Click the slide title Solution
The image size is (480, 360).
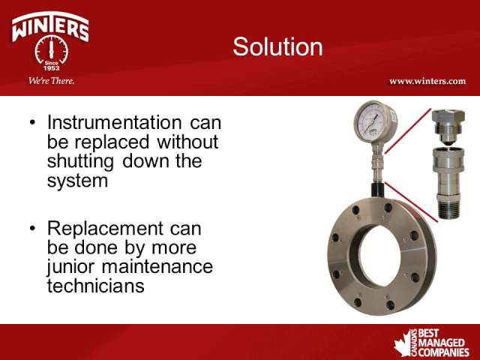coord(277,46)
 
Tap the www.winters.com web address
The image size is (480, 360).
coord(427,82)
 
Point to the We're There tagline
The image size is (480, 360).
coord(52,81)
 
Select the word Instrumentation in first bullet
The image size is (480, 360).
coord(115,122)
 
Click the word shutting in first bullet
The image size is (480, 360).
coord(80,162)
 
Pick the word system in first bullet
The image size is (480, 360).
coord(77,181)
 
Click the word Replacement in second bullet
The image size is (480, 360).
coord(105,229)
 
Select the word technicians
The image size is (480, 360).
coord(95,286)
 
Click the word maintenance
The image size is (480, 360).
coord(157,266)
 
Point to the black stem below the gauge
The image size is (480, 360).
coord(378,190)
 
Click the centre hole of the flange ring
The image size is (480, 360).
coord(380,256)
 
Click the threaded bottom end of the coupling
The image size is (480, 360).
coord(449,209)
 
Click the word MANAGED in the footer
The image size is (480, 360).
coord(442,343)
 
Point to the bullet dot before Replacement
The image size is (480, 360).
coord(33,228)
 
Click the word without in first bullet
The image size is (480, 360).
coord(187,142)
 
